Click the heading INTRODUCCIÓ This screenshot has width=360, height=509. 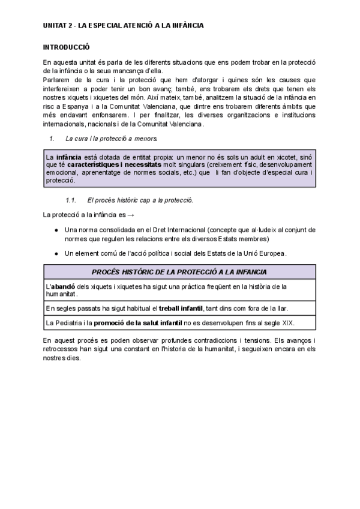66,46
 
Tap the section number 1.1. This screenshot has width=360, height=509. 71,199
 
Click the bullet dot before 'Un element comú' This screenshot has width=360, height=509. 56,253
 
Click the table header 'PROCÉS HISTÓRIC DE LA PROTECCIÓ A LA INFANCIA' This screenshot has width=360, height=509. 179,272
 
